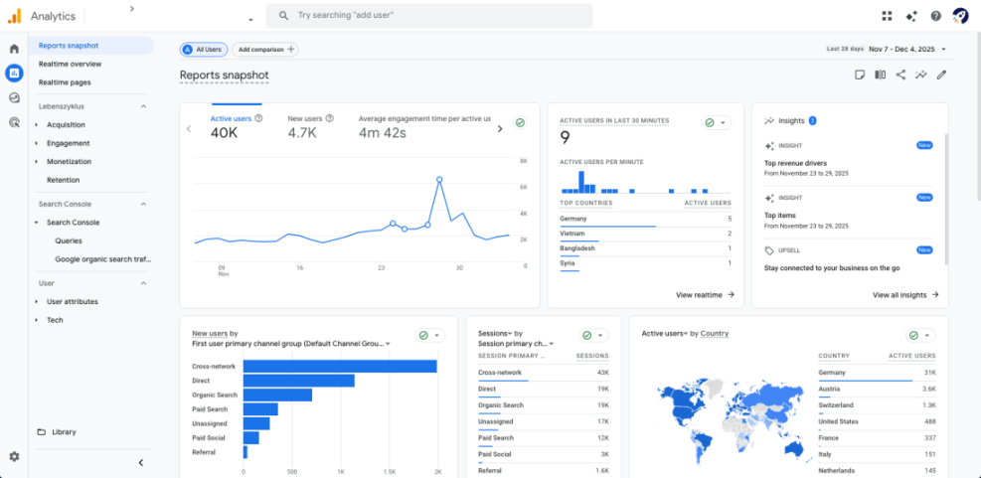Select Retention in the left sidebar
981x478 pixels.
pos(64,180)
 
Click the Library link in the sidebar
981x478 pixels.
pos(64,432)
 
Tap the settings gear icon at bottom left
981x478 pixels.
pos(14,456)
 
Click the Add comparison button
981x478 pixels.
pos(267,49)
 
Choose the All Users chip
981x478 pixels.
pos(204,49)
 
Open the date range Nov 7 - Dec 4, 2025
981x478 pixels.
pos(906,49)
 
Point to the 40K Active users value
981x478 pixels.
pos(225,133)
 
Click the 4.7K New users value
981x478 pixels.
pos(302,133)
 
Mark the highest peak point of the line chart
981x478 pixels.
pos(438,180)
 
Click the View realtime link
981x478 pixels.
pos(705,295)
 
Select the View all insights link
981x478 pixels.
pos(904,295)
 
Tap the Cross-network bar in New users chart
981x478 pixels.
pos(340,367)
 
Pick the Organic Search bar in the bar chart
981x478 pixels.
pos(277,395)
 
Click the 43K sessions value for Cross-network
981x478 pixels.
pos(602,373)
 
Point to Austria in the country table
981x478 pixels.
pos(830,389)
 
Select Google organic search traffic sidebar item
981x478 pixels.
pos(102,259)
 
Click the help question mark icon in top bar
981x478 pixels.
pos(935,16)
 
